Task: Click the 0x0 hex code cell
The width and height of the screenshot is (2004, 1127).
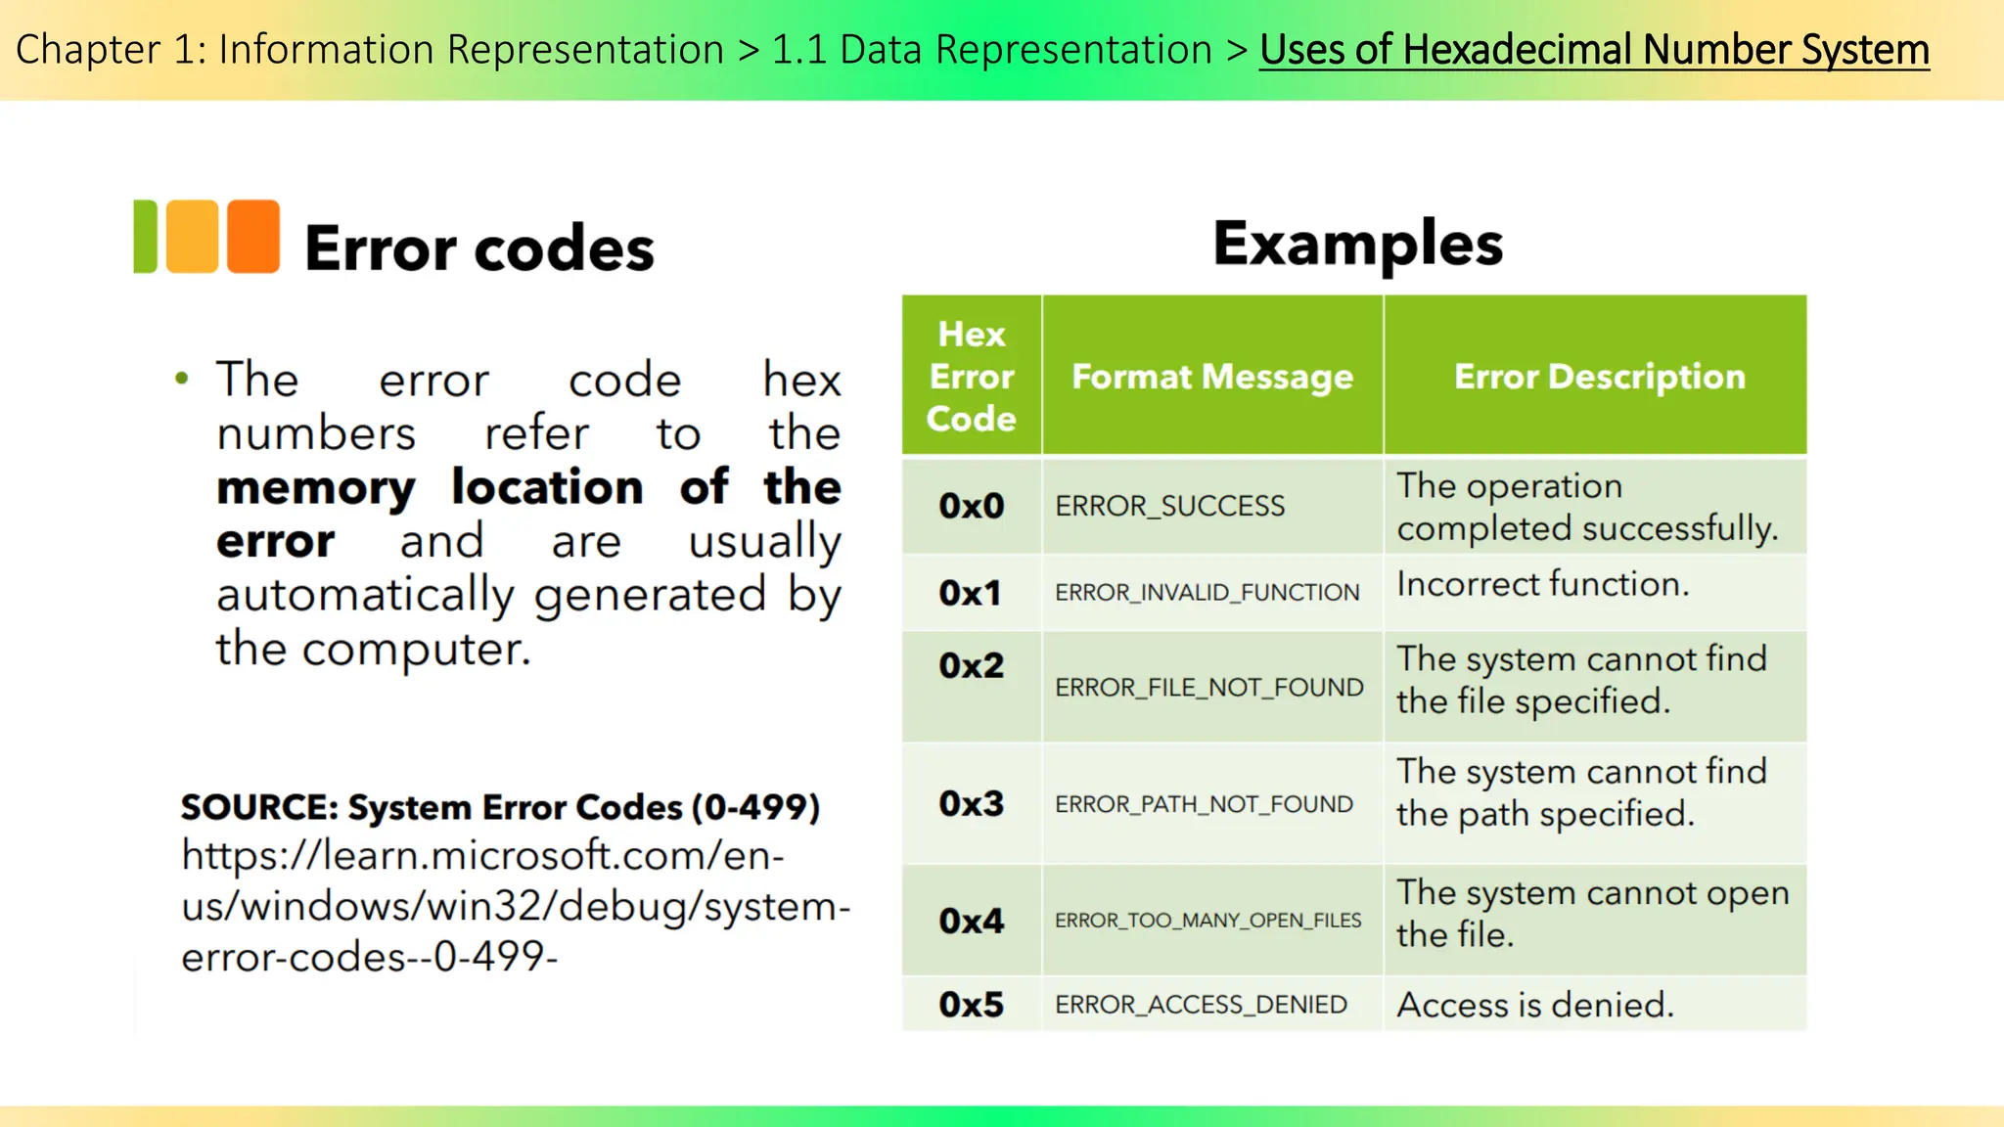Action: point(971,506)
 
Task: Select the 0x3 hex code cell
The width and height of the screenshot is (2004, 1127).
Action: point(971,803)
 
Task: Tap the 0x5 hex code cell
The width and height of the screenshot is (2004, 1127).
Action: point(971,1005)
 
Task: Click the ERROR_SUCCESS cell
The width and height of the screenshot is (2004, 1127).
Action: point(1169,506)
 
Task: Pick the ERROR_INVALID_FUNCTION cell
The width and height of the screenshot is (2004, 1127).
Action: point(1207,592)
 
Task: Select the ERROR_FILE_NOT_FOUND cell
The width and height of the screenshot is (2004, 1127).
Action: point(1208,687)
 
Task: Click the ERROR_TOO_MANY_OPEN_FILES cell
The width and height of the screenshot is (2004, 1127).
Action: point(1207,920)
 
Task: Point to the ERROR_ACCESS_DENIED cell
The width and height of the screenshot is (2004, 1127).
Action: point(1201,1005)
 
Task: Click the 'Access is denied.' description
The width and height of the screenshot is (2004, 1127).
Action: point(1534,1005)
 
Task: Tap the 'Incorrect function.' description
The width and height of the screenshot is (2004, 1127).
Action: point(1542,584)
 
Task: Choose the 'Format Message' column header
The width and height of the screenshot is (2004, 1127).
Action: point(1212,377)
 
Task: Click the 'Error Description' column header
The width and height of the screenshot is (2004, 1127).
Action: point(1599,377)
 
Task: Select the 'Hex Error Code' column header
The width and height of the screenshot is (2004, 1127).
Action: point(971,377)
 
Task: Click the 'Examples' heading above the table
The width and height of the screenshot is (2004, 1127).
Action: point(1357,244)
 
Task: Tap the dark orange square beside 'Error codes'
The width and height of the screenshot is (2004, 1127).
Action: point(253,236)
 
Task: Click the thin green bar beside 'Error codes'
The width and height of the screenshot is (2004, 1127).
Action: point(145,236)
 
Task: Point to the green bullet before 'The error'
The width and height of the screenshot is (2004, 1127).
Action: point(181,379)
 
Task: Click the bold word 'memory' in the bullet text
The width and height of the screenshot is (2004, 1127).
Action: point(316,487)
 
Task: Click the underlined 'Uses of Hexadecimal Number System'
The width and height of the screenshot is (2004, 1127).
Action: point(1594,50)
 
